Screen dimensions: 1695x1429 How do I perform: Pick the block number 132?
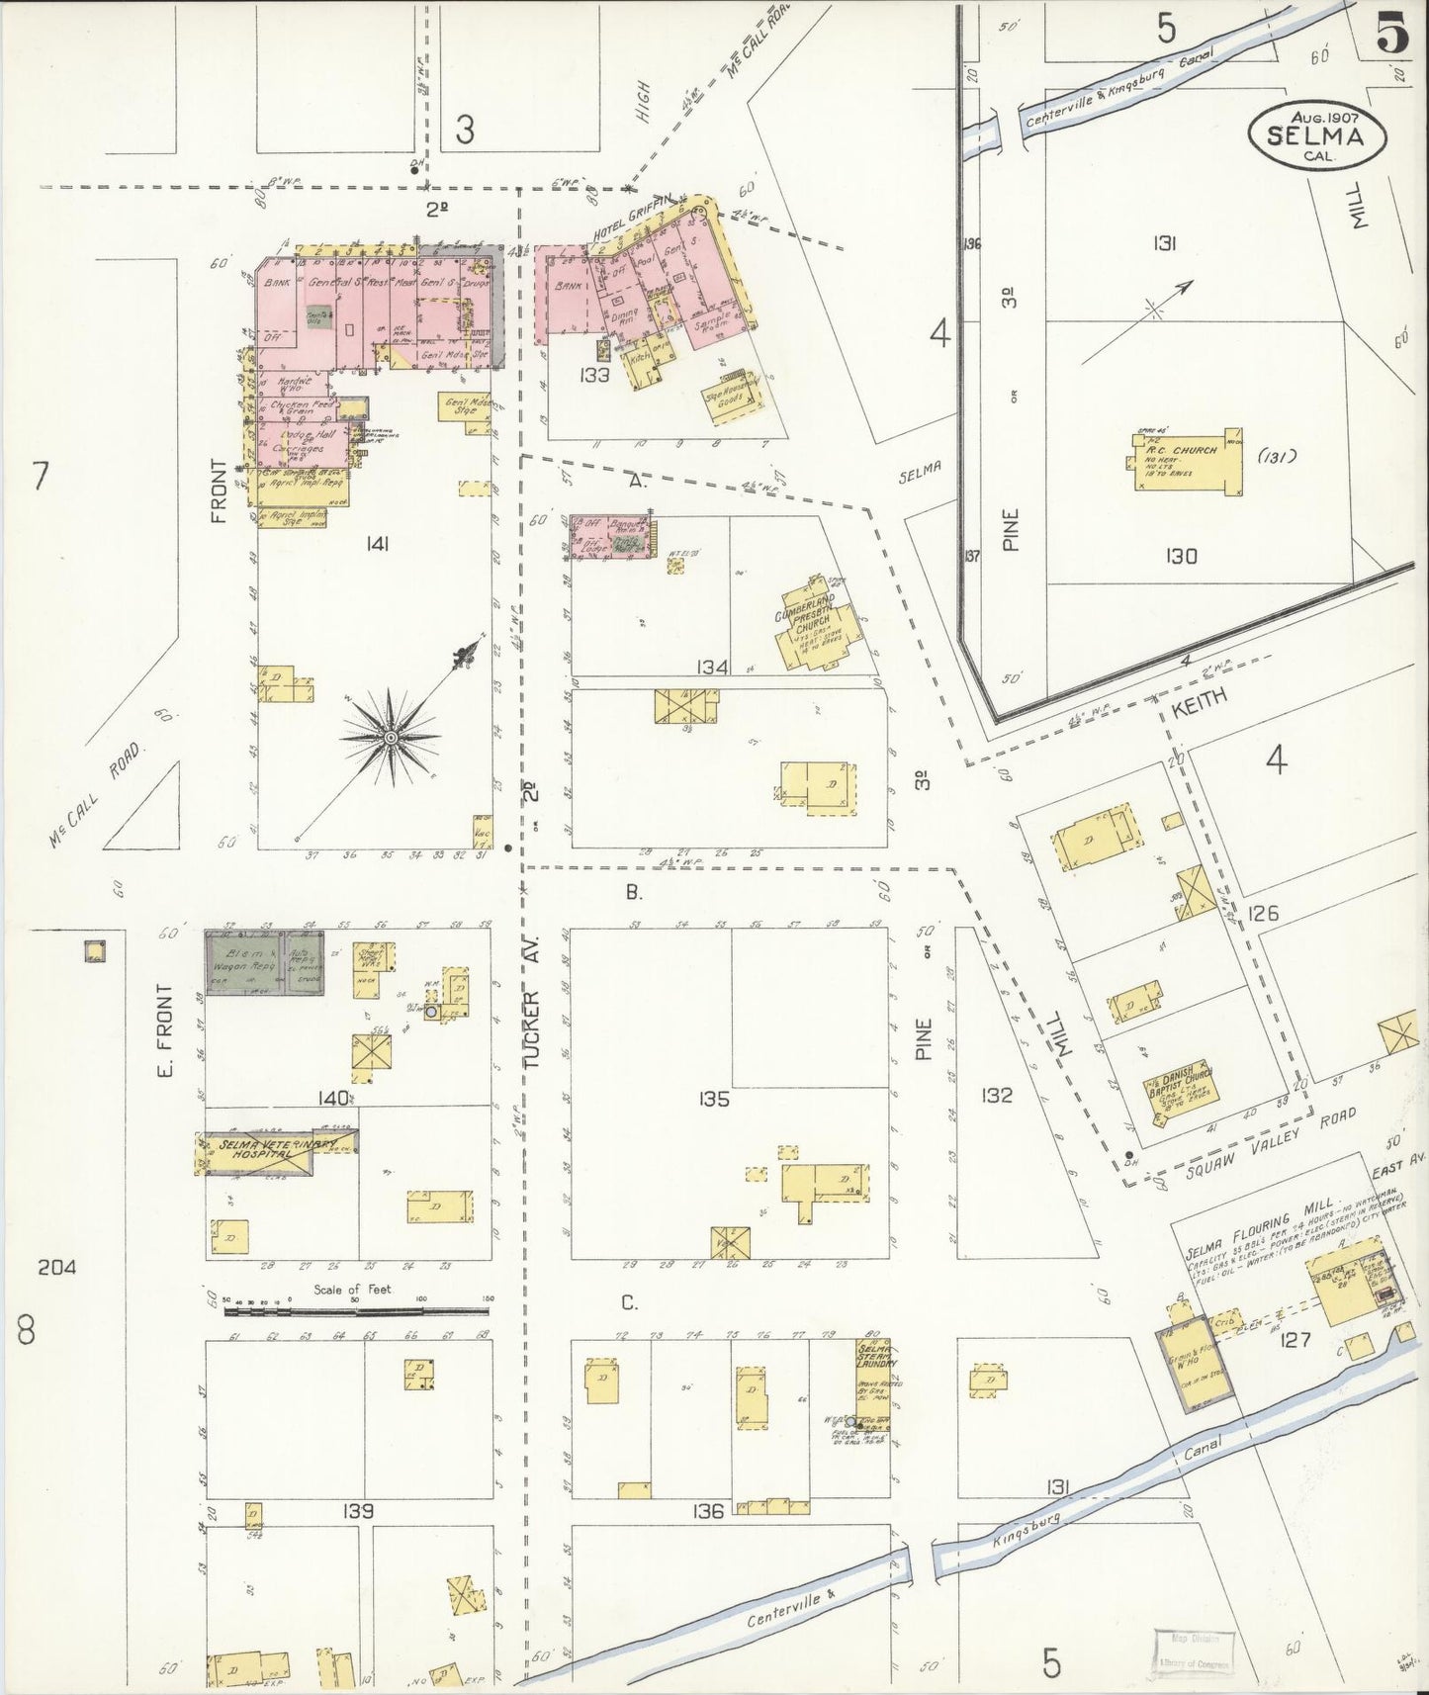click(996, 1095)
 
